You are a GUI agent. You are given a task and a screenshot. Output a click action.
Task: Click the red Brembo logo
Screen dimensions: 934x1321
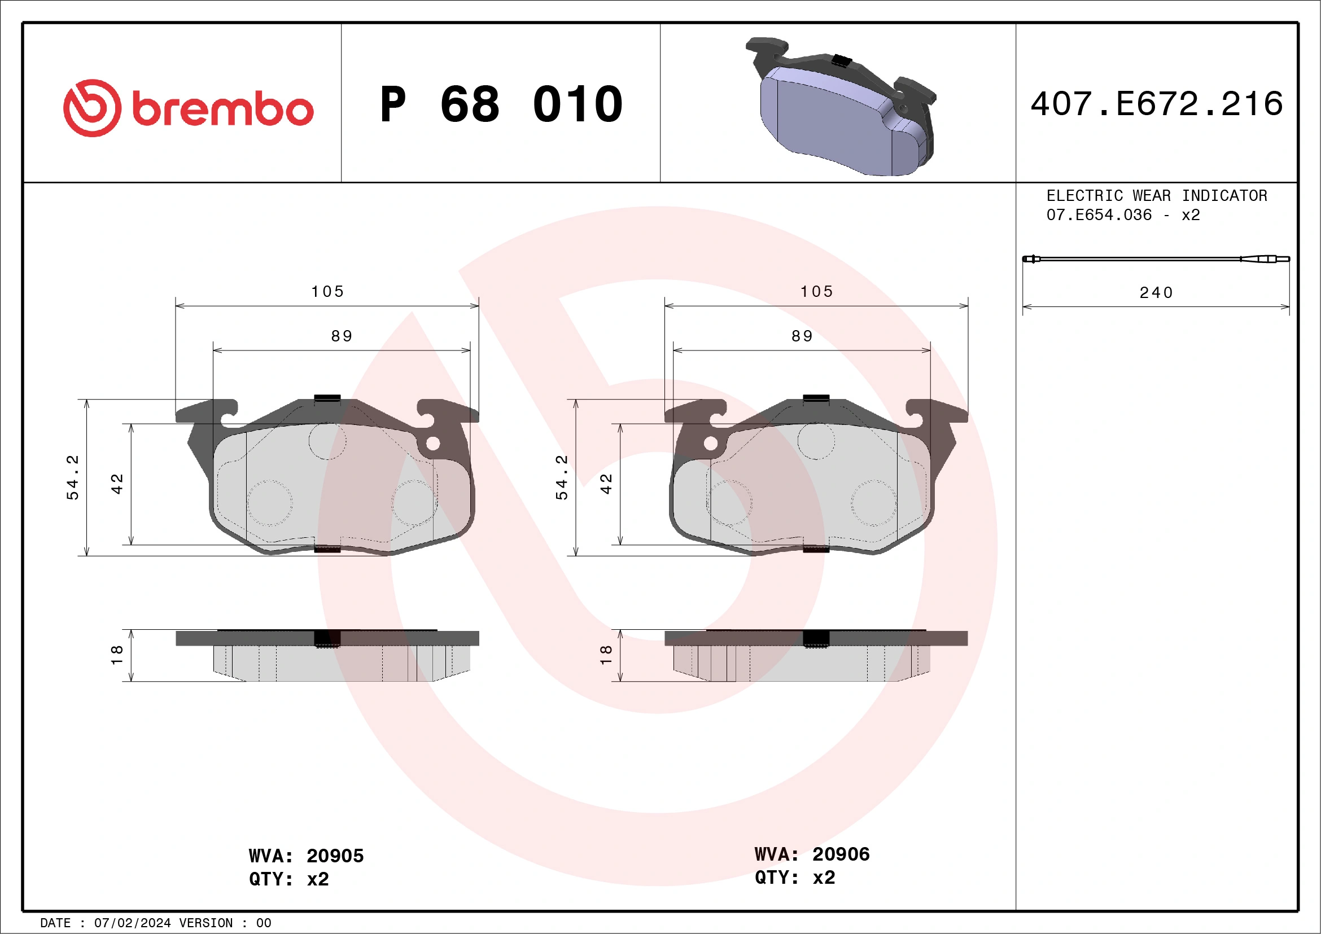188,108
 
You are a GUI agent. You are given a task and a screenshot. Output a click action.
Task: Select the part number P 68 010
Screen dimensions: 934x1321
501,104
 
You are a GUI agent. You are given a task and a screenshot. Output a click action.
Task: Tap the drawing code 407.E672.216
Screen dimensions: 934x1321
1157,104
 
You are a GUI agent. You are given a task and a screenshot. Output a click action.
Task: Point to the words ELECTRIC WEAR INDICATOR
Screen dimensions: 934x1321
1157,195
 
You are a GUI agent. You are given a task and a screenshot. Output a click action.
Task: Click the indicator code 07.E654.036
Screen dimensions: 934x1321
1099,215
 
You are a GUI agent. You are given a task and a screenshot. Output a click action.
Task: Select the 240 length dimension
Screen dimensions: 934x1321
1156,293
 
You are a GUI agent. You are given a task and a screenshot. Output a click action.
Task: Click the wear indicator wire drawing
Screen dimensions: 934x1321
1156,259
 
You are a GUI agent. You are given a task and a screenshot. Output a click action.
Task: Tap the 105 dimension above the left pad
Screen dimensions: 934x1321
327,292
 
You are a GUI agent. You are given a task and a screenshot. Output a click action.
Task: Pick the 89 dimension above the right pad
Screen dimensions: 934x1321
802,336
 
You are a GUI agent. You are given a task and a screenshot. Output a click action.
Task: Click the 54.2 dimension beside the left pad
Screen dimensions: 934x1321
72,477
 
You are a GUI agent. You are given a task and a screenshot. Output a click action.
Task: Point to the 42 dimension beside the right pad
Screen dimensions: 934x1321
606,484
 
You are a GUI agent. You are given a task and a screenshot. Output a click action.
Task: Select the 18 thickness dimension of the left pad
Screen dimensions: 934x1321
117,655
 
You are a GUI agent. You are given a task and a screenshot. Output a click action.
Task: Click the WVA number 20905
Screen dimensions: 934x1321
335,856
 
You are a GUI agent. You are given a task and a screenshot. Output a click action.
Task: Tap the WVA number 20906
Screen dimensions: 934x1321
841,854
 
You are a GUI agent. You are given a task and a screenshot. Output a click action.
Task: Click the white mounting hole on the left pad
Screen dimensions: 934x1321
433,444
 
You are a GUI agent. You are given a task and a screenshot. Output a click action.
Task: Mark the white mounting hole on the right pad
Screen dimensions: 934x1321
711,444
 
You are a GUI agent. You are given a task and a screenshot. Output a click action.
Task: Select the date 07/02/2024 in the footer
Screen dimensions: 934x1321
132,923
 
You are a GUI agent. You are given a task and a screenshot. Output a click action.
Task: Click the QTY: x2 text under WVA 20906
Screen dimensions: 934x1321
794,878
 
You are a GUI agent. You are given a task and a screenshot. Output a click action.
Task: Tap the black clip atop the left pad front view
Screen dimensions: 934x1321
327,397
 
